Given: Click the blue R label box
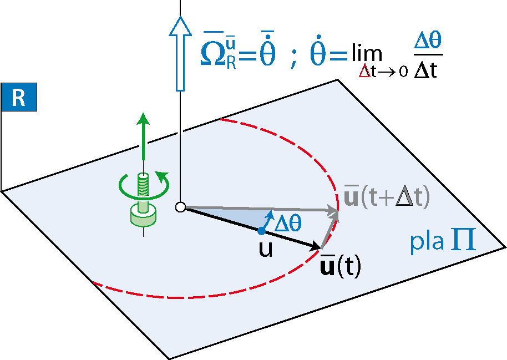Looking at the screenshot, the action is click(19, 97).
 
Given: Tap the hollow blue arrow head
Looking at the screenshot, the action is click(180, 27).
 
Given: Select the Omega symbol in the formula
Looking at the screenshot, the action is click(213, 54).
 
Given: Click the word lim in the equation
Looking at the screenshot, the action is click(367, 52).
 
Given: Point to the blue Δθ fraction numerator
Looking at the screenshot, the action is click(428, 40).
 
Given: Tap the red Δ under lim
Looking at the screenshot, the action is click(364, 72).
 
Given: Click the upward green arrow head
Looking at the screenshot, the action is click(143, 119).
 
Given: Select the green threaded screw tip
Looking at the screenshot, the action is click(143, 184).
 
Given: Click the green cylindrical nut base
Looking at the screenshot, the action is click(143, 216).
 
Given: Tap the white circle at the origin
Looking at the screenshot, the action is click(180, 207).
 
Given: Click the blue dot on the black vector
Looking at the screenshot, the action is click(262, 231).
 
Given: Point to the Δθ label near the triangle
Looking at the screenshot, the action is click(288, 223).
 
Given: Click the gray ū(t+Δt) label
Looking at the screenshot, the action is click(387, 196).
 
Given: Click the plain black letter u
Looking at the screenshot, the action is click(266, 250).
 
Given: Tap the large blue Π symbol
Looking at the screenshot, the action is click(464, 239).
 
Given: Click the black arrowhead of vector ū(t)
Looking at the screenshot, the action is click(315, 246).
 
